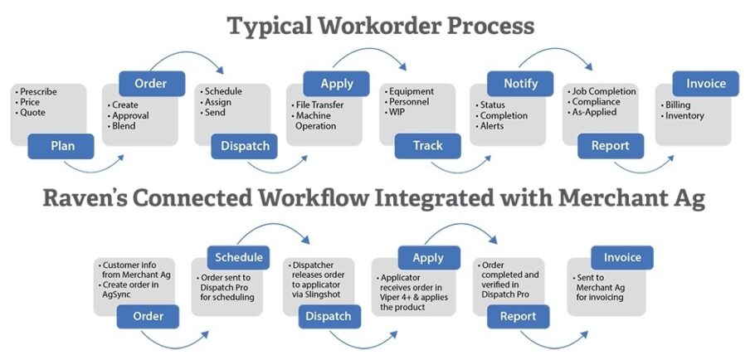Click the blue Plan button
click(61, 146)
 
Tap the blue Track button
click(427, 146)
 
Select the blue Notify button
click(520, 84)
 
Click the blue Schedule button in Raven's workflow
click(239, 257)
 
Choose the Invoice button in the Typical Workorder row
click(706, 84)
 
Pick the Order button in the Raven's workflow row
click(149, 317)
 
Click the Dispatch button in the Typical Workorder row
click(244, 146)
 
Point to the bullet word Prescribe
click(38, 91)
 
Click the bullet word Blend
click(124, 126)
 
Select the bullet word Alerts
click(492, 126)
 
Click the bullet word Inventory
click(684, 115)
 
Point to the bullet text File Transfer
click(319, 105)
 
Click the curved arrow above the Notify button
click(556, 52)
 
